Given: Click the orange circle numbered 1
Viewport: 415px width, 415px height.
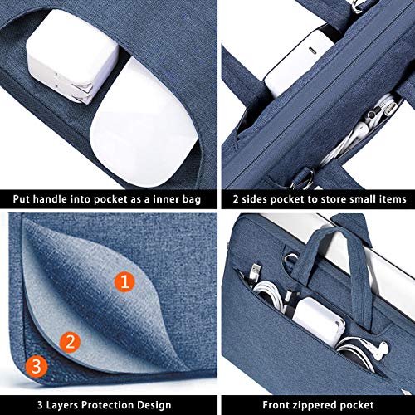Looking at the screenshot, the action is coord(124,281).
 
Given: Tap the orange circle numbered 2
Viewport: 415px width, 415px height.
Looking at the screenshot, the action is coord(71,342).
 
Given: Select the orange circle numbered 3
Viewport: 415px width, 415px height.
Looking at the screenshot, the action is coord(37,366).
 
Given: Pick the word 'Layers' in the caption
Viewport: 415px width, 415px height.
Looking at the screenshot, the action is coord(62,405).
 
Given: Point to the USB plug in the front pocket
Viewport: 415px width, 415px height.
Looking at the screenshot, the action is coord(254,272).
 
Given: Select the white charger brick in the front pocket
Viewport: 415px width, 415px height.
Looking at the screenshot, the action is coord(318,321).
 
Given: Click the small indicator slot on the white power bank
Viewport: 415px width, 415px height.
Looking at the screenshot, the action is coord(312,51).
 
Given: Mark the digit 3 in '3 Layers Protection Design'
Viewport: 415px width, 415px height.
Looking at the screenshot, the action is coord(40,405).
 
